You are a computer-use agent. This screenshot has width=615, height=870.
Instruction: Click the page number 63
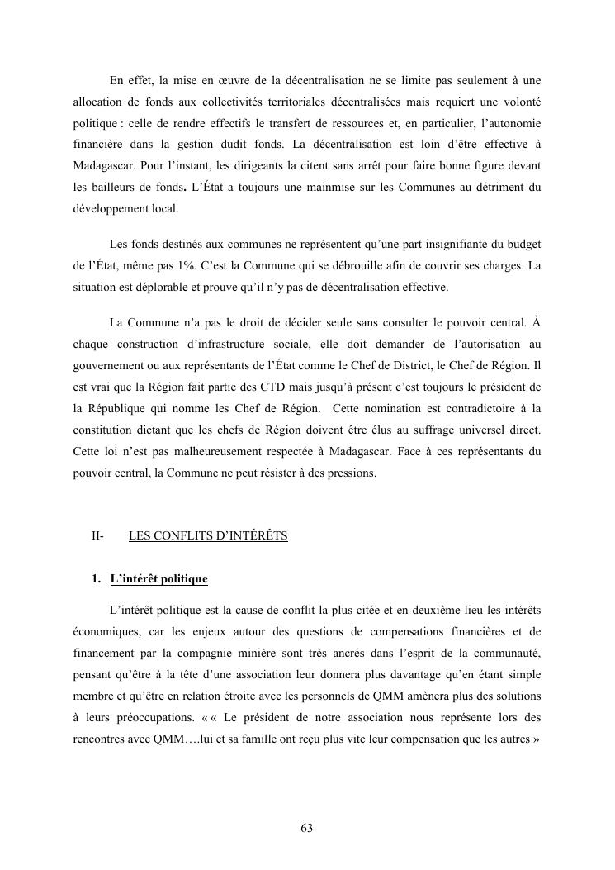(x=307, y=829)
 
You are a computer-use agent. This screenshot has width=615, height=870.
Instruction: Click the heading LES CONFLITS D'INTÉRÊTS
(x=208, y=535)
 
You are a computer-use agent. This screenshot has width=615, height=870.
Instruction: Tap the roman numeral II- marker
(x=97, y=535)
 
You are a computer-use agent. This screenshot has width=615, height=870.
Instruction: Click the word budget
(x=522, y=245)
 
